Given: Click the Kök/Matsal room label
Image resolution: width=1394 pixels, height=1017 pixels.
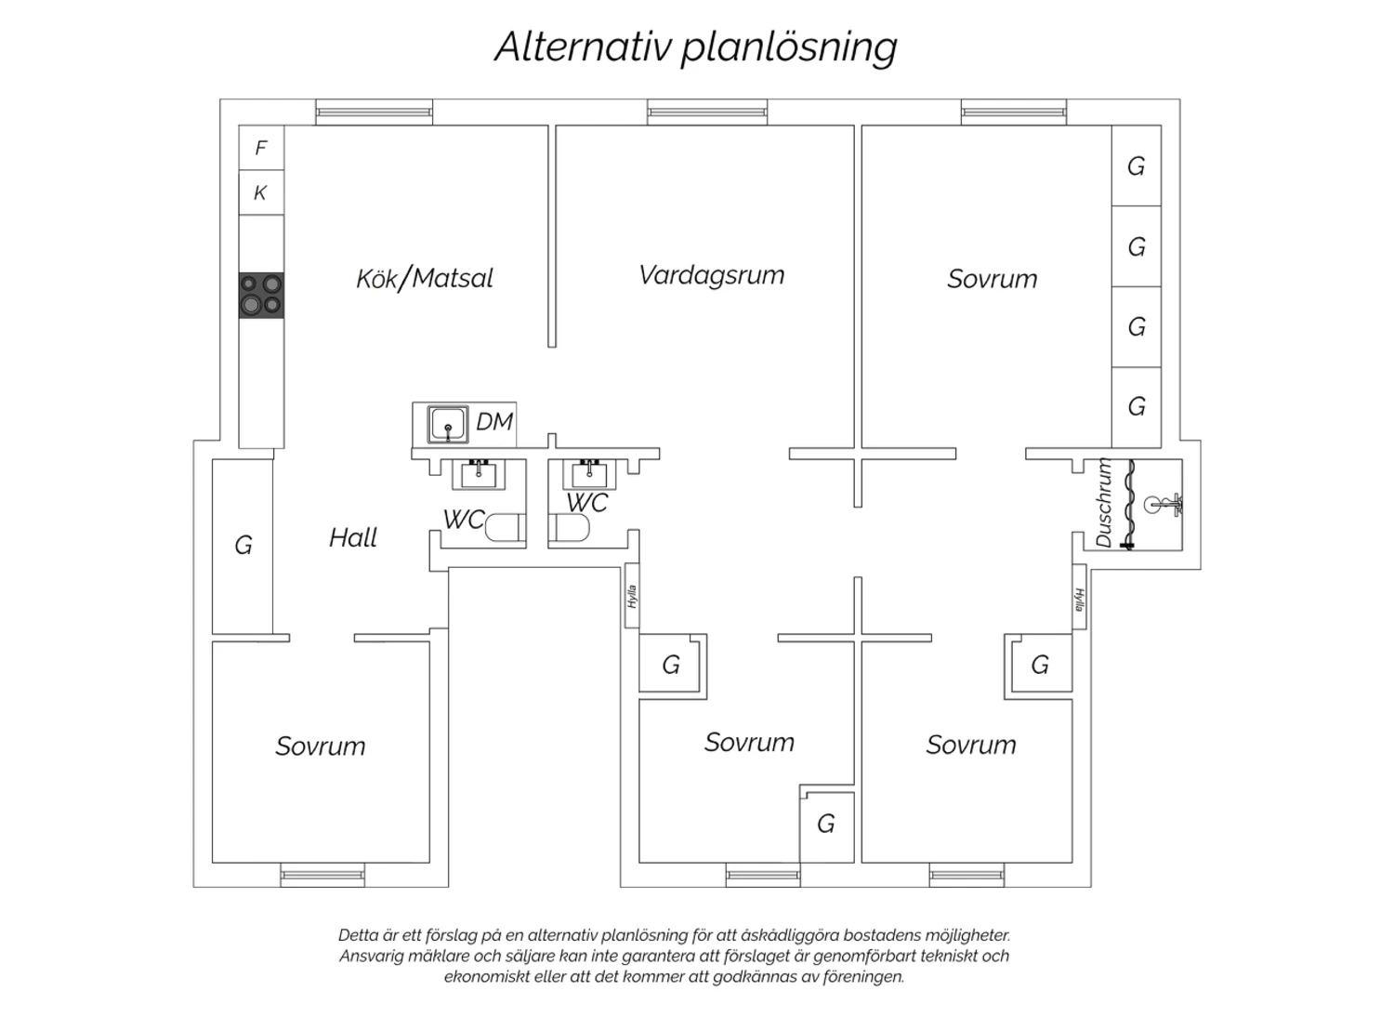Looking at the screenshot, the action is (x=425, y=278).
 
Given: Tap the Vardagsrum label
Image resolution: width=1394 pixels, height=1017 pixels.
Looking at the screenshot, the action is (x=711, y=275).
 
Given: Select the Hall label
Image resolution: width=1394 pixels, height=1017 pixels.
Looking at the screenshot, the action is (x=353, y=537).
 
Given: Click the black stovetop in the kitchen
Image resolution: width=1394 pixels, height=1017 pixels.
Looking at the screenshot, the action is (x=261, y=296).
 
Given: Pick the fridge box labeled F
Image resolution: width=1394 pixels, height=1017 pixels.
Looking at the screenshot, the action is (x=261, y=148).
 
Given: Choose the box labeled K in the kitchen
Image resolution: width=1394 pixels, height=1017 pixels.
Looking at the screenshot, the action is (x=261, y=192).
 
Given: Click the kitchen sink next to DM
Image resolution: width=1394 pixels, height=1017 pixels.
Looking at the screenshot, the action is (x=447, y=425).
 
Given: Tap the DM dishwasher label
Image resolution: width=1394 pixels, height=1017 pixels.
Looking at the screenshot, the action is (x=494, y=422).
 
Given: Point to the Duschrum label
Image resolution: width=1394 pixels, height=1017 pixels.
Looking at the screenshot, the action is (x=1103, y=503).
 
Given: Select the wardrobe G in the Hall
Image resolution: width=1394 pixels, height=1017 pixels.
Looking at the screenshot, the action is (x=243, y=547).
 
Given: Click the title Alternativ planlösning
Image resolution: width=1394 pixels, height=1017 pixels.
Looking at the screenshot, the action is (x=696, y=46).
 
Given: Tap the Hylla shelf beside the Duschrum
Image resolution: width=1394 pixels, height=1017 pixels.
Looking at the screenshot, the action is (x=1079, y=598).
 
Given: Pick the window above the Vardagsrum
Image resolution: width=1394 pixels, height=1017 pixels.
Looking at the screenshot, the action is (x=707, y=112).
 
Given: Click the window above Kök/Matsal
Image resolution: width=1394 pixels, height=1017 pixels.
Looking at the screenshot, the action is (x=374, y=112).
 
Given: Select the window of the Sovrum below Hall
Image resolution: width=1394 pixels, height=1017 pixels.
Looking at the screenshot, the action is (x=322, y=875).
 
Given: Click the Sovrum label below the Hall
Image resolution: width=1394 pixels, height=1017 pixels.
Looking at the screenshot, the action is (x=321, y=746).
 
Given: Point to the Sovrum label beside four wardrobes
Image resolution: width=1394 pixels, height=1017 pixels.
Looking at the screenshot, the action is (x=993, y=279).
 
